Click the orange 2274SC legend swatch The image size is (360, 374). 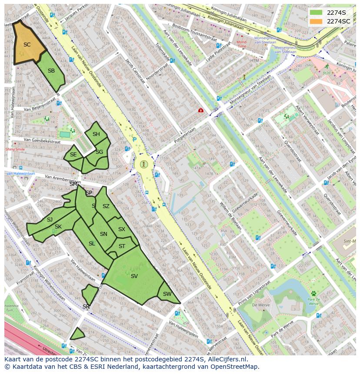click(316, 21)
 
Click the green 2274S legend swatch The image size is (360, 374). click(316, 13)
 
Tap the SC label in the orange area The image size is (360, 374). click(27, 45)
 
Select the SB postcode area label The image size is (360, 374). click(51, 71)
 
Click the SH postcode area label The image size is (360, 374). click(96, 134)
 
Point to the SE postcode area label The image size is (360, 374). click(73, 155)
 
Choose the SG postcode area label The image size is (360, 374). click(99, 152)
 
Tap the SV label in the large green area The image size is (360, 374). click(134, 276)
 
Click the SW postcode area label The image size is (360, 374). click(167, 294)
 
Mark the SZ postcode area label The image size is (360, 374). click(106, 206)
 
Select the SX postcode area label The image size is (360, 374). click(122, 229)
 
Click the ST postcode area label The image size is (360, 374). click(122, 246)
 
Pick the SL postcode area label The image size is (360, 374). click(92, 244)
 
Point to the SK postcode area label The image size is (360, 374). click(58, 227)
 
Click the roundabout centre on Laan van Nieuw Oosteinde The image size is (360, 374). click(144, 164)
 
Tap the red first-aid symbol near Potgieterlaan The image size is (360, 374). click(200, 111)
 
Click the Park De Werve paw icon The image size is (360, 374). click(313, 294)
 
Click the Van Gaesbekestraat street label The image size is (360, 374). click(42, 141)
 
